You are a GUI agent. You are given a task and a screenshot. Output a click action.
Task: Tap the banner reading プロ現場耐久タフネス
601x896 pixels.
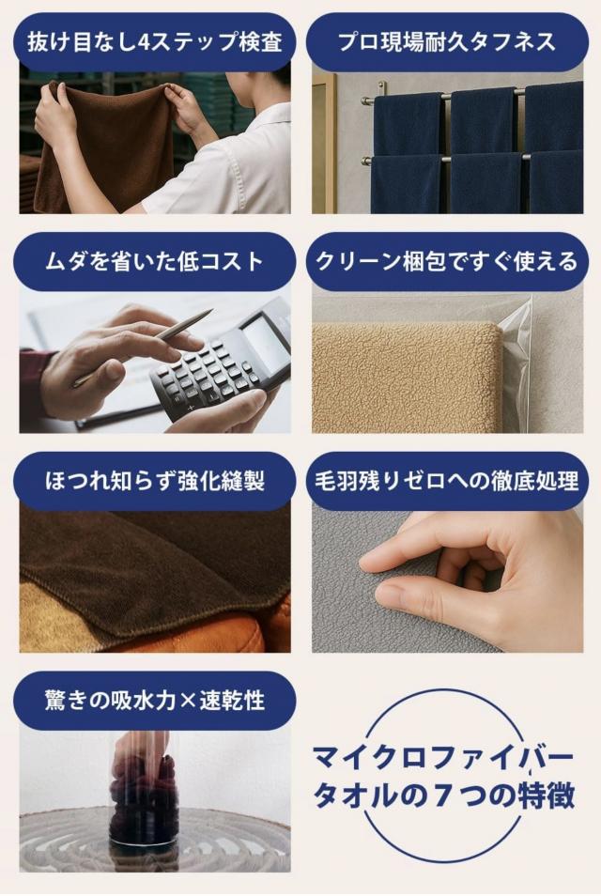447,42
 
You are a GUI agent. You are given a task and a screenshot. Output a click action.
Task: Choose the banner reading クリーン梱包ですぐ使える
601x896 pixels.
447,261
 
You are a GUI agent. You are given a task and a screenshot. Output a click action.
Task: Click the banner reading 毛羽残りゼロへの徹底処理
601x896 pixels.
447,481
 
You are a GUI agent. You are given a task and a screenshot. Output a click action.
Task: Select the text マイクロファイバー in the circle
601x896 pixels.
441,756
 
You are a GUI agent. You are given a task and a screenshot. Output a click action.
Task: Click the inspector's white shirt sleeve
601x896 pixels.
235,160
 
